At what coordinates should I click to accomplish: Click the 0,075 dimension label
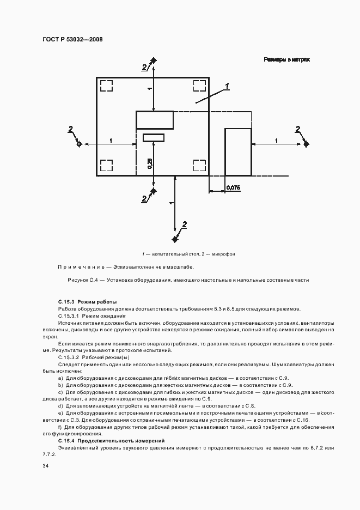click(233, 187)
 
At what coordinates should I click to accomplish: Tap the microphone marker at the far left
click(80, 144)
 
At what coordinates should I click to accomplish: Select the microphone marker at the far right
click(307, 144)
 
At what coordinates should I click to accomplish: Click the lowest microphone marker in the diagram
click(175, 239)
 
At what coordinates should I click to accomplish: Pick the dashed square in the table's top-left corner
click(106, 86)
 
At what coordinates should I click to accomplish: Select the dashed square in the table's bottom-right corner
click(199, 166)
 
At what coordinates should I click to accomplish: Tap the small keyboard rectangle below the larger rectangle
click(154, 137)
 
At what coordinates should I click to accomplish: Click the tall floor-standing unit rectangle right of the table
click(238, 151)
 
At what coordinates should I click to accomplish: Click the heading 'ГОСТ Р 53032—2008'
click(72, 39)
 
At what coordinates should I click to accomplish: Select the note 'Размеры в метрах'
click(287, 59)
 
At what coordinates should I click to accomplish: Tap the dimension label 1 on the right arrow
click(276, 141)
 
